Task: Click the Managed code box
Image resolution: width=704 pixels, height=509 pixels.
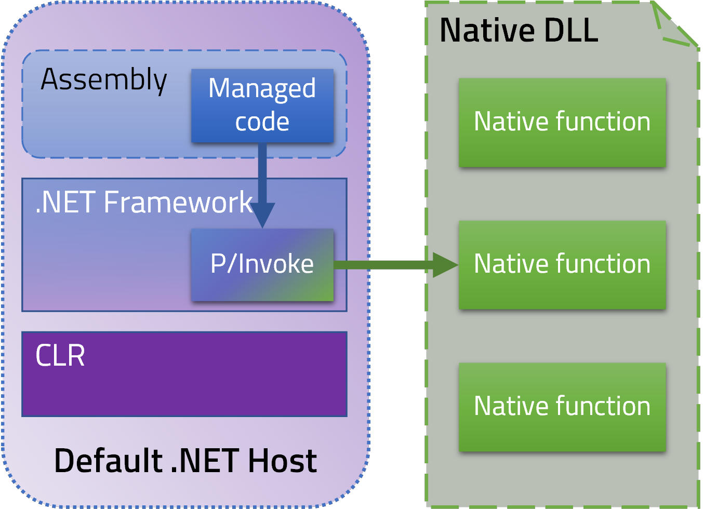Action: pos(262,105)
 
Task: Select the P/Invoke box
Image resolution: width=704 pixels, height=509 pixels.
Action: pos(262,264)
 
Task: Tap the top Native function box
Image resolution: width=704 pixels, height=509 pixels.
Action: pos(562,123)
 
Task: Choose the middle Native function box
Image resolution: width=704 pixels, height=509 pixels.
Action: pos(562,265)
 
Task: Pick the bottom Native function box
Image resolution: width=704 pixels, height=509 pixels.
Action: pos(562,407)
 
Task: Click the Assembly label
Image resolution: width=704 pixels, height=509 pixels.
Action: pos(104,80)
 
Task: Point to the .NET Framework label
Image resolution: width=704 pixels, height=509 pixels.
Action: pos(143,202)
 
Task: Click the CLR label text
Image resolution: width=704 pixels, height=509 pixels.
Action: pos(60,356)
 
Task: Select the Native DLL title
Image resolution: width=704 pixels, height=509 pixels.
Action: pos(519,30)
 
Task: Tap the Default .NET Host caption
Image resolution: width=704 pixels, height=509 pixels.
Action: pos(185,461)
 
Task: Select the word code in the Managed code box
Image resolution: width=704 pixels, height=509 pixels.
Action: pos(262,122)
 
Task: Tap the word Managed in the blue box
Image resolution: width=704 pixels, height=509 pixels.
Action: pos(262,88)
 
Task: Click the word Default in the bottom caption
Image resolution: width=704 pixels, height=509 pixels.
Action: pos(109,461)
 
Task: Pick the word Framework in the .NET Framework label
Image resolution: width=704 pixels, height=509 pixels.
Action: pos(178,202)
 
